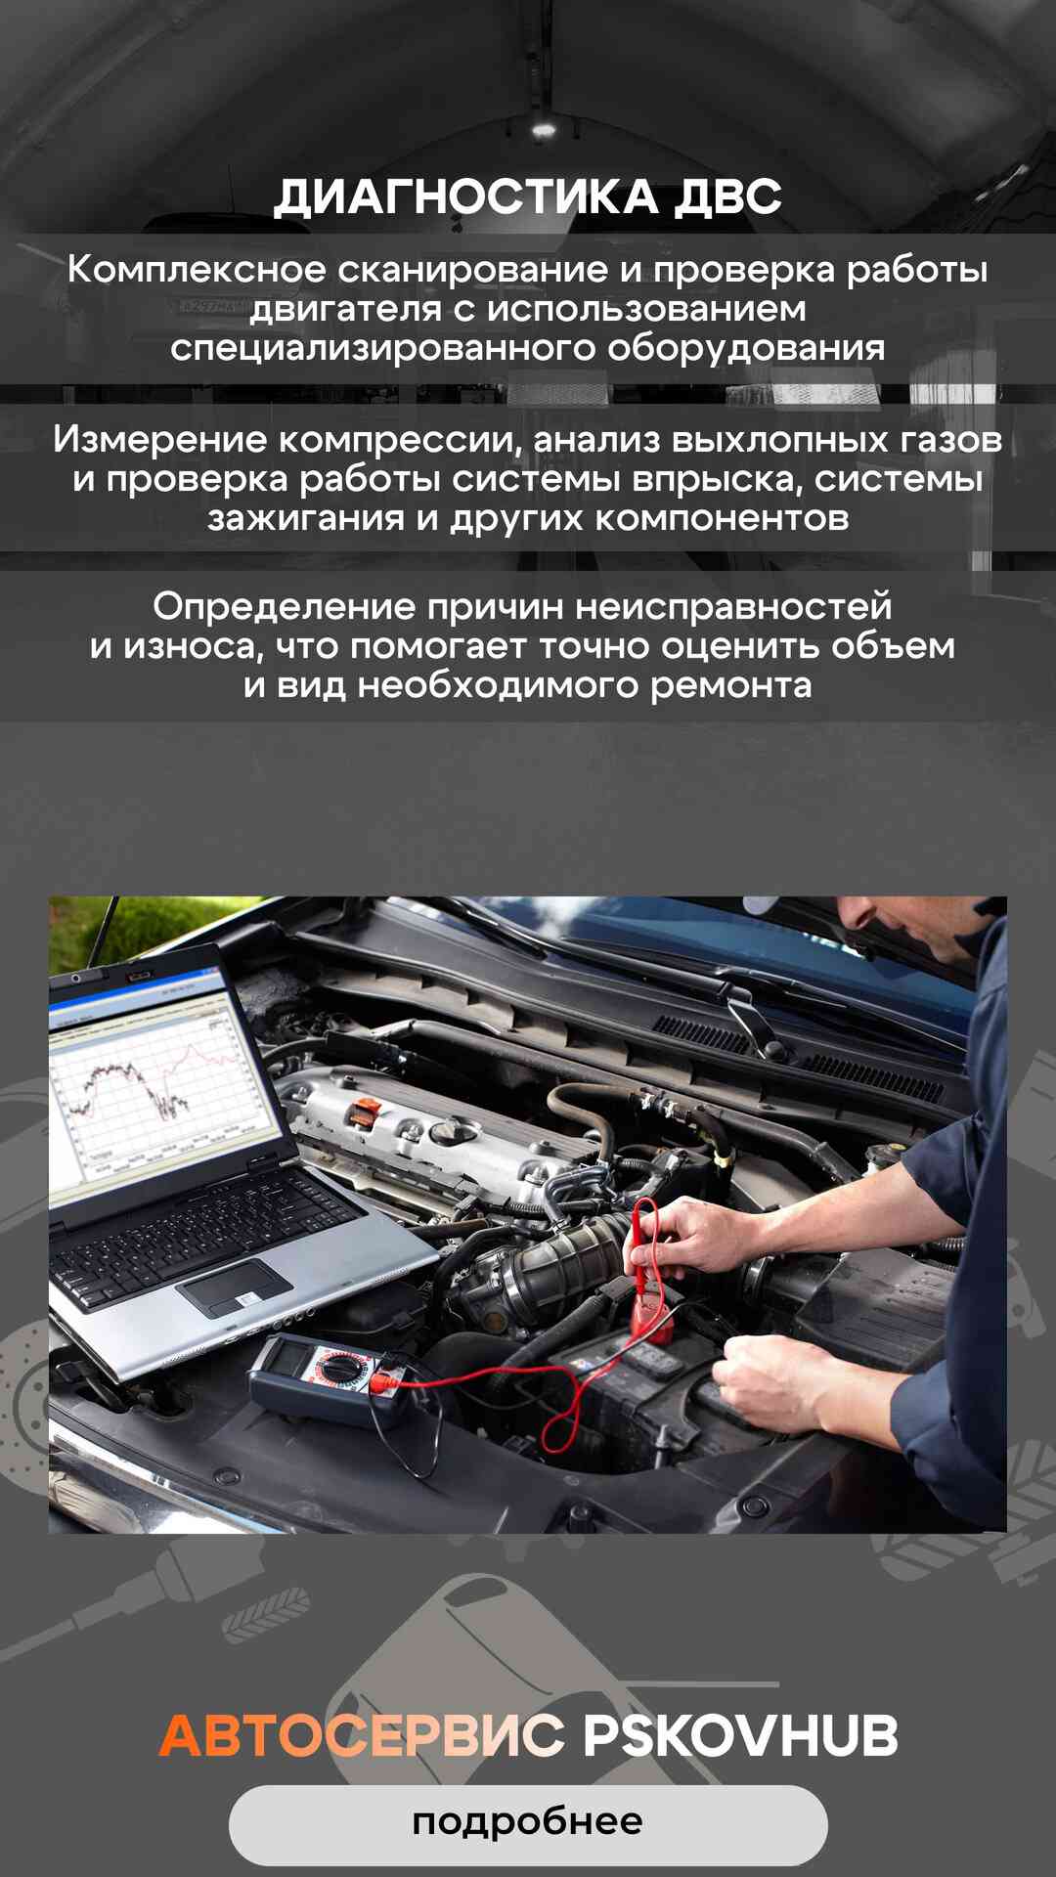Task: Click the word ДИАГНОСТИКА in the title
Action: point(465,196)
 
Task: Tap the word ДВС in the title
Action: point(728,196)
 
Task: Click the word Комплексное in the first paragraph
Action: point(196,269)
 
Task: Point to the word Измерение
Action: point(159,439)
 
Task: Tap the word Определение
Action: point(285,607)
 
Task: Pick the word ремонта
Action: point(731,685)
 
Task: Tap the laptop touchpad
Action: point(235,1288)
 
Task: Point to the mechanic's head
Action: point(904,934)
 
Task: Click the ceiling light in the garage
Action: point(544,128)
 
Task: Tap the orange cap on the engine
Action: point(367,1113)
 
